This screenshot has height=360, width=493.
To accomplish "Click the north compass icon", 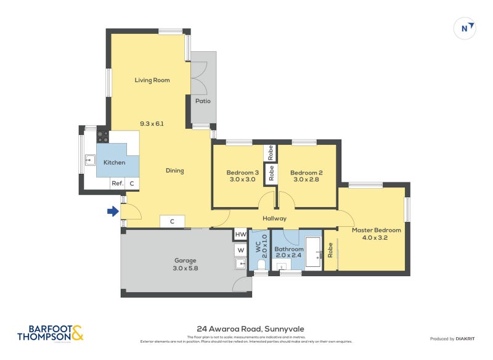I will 465,28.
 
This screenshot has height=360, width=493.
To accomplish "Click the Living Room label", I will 152,80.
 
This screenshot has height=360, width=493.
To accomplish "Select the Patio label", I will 203,101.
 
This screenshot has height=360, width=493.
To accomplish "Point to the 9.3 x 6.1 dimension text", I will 152,124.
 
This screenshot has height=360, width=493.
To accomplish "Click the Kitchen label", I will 114,163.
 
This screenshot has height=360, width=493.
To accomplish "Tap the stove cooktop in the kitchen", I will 102,137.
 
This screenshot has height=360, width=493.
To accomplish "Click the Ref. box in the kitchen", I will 116,184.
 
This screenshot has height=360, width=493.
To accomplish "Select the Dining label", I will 174,171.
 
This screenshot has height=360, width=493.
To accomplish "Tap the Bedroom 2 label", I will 306,173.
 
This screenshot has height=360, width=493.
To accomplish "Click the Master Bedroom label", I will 377,231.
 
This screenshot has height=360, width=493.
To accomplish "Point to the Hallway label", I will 274,218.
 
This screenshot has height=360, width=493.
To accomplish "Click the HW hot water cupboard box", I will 240,235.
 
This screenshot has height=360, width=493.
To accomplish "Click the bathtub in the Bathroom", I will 313,252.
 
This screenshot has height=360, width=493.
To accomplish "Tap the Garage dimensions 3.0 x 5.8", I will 185,269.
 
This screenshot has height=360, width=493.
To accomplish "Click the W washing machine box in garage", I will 240,250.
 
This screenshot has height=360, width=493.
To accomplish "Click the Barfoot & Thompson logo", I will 50,333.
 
